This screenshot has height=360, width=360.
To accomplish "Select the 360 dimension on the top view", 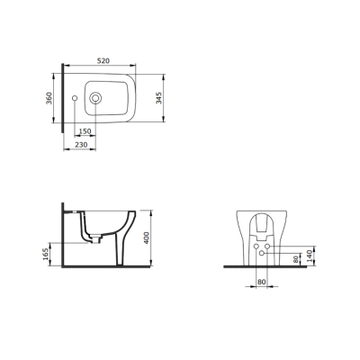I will click(x=49, y=98).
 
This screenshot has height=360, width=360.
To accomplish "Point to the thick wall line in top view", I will click(x=62, y=99).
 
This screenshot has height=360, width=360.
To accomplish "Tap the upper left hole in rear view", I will click(x=256, y=245).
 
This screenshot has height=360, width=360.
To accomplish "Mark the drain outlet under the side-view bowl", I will click(x=90, y=239).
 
